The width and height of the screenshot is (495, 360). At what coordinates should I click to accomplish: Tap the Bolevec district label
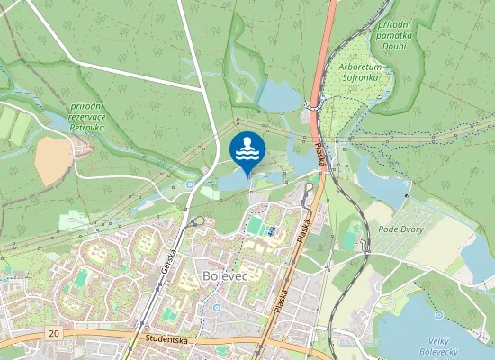[x=225, y=274]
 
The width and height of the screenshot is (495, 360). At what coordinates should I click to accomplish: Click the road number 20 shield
[x=54, y=333]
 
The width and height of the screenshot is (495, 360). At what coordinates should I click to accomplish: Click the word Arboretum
[x=362, y=66]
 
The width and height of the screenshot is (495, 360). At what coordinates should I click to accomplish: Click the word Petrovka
[x=87, y=128]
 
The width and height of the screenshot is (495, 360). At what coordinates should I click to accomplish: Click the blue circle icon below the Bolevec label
[x=217, y=309]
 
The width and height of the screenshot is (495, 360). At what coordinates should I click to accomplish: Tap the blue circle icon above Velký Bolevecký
[x=438, y=316]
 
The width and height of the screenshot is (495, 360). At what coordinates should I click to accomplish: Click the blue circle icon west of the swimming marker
[x=190, y=184]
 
